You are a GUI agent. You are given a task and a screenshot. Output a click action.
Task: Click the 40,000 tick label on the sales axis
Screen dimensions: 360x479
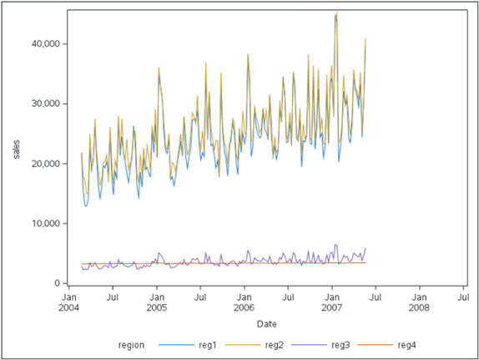[x=43, y=43]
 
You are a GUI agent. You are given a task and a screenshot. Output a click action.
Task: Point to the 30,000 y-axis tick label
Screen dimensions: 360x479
[x=43, y=104]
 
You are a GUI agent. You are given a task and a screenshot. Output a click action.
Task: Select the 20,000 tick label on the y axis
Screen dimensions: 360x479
[x=43, y=164]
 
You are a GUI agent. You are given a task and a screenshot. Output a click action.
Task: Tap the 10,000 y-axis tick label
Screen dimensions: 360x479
[x=43, y=224]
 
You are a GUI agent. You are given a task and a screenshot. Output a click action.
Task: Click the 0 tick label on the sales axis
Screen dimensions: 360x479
[x=54, y=284]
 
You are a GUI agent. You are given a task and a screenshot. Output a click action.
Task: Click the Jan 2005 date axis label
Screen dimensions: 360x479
[x=157, y=301]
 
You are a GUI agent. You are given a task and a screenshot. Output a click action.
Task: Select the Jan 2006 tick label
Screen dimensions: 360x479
[x=245, y=301]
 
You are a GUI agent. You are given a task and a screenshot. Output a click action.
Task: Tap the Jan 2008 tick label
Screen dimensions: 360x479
[x=420, y=301]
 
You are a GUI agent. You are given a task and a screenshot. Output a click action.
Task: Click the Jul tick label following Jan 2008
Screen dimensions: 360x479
[x=463, y=295]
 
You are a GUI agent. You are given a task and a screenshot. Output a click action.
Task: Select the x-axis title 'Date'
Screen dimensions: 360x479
[x=266, y=323]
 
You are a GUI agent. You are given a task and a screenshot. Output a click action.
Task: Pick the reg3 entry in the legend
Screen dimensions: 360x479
[x=340, y=345]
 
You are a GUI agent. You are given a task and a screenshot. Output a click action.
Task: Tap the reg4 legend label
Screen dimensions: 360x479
[x=406, y=345]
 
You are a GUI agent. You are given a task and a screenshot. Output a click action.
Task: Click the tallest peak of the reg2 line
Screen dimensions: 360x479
[x=336, y=13]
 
